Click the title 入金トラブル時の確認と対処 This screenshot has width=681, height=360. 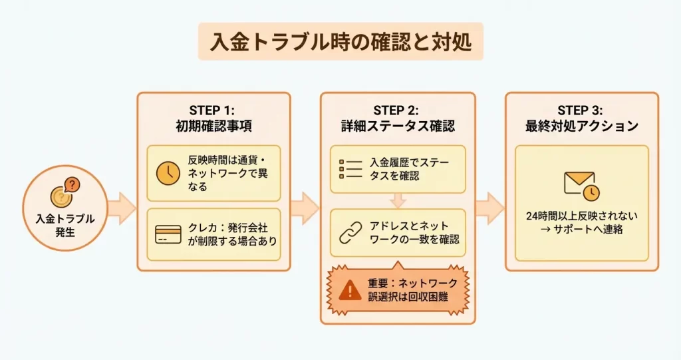(x=340, y=41)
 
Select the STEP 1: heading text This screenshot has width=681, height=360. (x=213, y=110)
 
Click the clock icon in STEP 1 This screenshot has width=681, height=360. (x=168, y=173)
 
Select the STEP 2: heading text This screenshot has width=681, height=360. (x=398, y=110)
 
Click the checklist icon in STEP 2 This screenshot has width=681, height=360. (x=351, y=169)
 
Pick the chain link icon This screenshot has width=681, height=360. (x=350, y=233)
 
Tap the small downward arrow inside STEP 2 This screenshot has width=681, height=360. (x=398, y=200)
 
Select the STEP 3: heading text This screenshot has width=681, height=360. (x=582, y=110)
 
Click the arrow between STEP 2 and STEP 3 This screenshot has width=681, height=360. (x=490, y=208)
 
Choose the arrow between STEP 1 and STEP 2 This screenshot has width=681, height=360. (x=305, y=208)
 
